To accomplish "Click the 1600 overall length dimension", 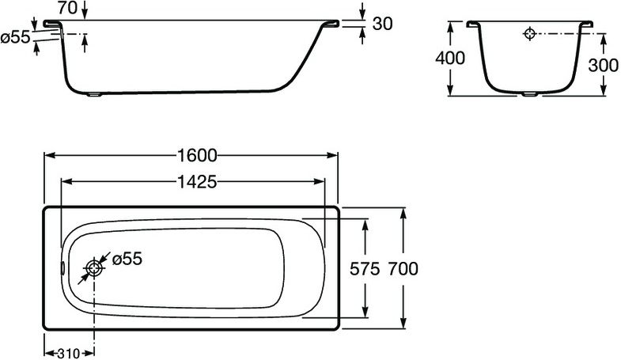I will coord(194,155).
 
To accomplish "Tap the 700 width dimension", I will coord(403,268).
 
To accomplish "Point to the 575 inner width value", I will coord(365,268).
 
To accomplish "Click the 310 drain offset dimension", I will coord(69,353).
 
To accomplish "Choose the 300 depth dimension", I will coord(603,66).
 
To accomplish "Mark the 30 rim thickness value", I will coord(382,24).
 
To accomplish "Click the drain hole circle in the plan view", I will coord(95,268).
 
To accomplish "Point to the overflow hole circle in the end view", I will coord(530,34).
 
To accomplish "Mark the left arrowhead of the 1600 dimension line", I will coord(47,155).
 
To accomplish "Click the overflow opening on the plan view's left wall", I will coord(62,267).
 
